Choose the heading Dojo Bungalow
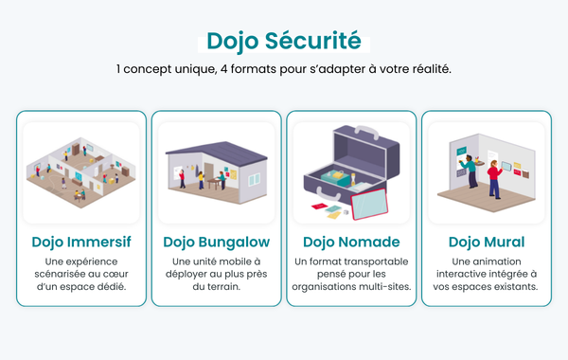pyautogui.click(x=217, y=242)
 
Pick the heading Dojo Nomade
pyautogui.click(x=351, y=242)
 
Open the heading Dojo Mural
pyautogui.click(x=487, y=242)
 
